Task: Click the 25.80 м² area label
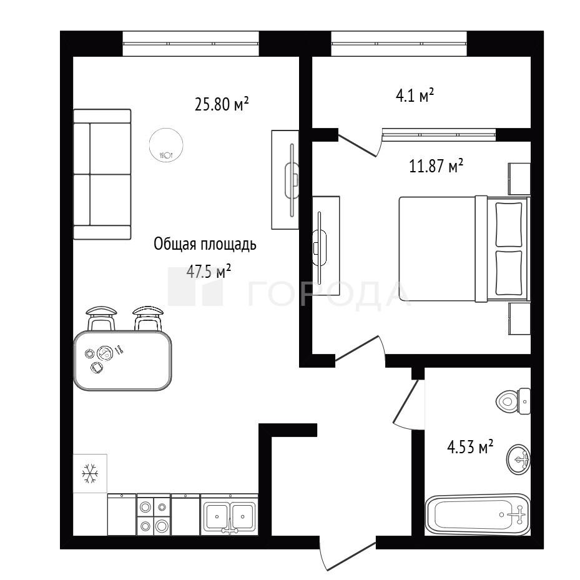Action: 222,104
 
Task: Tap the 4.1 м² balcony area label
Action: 415,96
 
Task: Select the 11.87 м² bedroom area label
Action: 436,165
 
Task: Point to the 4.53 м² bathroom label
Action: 470,447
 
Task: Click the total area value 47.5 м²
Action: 209,272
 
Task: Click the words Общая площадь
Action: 205,245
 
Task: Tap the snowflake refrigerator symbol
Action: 90,473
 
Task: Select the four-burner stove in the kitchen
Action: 154,515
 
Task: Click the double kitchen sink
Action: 229,515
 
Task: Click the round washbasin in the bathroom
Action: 518,460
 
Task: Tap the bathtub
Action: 478,514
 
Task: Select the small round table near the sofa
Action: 166,144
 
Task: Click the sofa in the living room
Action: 102,174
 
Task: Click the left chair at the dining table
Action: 101,318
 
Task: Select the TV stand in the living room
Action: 285,180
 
